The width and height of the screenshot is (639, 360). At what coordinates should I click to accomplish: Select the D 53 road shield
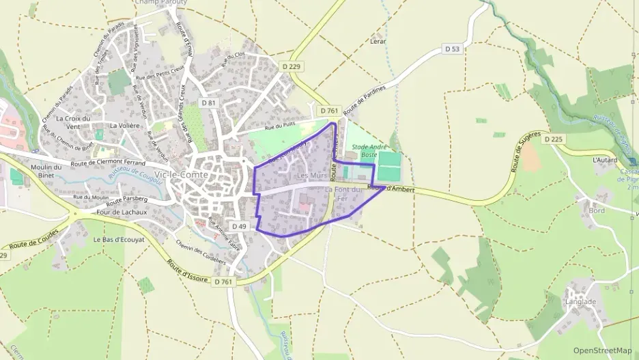(x=452, y=49)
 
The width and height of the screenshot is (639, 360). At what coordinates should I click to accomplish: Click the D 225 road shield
(x=553, y=139)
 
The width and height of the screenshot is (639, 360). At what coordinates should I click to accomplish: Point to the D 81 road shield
(x=209, y=102)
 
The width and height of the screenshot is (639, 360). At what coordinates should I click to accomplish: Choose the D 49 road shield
(x=239, y=226)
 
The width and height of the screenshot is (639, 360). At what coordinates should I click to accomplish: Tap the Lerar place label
(x=378, y=41)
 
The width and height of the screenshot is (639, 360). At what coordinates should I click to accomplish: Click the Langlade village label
(x=580, y=301)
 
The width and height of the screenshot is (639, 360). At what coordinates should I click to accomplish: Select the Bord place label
(x=596, y=210)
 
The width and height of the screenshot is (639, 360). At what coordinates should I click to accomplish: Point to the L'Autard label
(x=605, y=160)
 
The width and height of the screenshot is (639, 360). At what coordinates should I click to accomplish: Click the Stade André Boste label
(x=369, y=151)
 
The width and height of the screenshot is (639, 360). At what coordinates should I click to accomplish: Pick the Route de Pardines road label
(x=365, y=100)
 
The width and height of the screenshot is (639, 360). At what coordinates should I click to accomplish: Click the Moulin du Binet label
(x=47, y=171)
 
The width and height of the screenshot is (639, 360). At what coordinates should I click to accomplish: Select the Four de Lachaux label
(x=122, y=212)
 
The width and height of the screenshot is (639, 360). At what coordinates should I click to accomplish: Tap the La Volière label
(x=125, y=126)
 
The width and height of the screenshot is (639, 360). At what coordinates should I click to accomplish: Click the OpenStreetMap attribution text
(x=603, y=350)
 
